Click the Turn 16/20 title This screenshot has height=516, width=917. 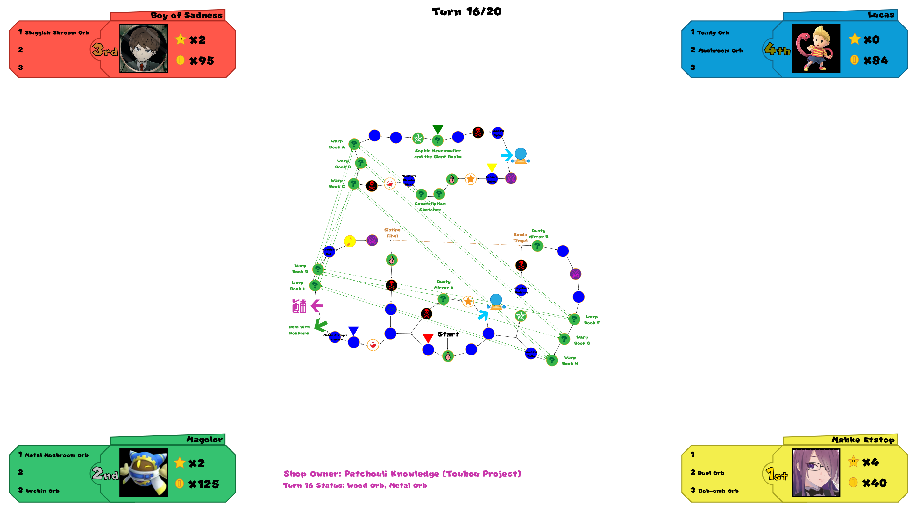coord(466,12)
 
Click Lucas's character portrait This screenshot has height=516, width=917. coord(815,48)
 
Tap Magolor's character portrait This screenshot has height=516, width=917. coord(144,473)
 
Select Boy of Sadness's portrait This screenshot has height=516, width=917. coord(144,48)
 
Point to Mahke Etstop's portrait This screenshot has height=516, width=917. coord(815,473)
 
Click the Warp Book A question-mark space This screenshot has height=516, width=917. coord(354,144)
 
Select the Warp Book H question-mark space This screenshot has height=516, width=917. coord(552,360)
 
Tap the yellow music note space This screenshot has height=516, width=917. coord(350,241)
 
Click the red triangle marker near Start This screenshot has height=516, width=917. coord(428,338)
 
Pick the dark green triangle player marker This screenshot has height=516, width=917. coord(438,129)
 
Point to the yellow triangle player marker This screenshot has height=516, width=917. coord(492,167)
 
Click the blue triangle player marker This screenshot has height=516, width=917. coord(353,331)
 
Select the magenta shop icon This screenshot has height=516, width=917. coord(299,306)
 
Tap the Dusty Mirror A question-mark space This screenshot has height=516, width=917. coord(443,299)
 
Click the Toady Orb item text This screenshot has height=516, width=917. coord(713,33)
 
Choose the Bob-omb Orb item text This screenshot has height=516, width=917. coord(718,491)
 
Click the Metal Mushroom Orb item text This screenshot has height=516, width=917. coord(57,455)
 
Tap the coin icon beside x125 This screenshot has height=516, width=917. coord(179,483)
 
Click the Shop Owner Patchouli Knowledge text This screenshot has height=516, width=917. coord(402,474)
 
